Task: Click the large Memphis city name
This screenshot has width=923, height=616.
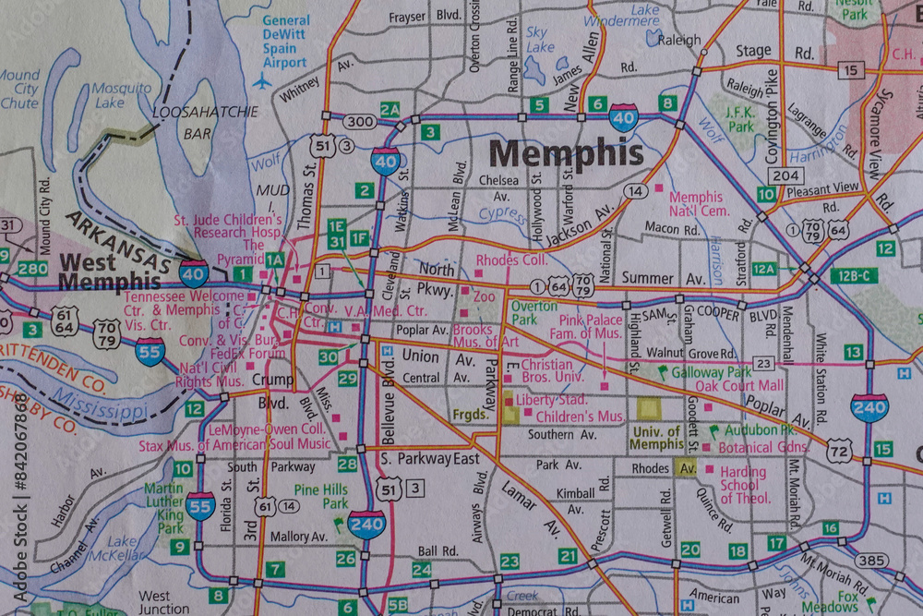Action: tap(566, 152)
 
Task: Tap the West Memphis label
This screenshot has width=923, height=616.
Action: tap(109, 272)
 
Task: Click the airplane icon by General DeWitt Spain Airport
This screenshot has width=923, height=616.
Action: tap(263, 81)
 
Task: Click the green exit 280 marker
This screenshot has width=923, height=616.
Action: tap(32, 269)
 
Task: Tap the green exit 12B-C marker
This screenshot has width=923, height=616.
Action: tap(852, 275)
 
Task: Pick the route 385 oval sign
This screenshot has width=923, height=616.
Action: tap(871, 561)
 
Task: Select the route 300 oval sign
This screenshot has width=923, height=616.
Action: tap(360, 121)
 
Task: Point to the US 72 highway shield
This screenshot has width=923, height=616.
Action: tap(839, 453)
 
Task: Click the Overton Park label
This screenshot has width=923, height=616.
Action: tap(534, 312)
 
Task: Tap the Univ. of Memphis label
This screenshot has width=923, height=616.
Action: tap(657, 438)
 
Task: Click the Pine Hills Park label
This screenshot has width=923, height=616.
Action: tap(321, 497)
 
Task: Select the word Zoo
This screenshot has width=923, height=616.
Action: tap(484, 297)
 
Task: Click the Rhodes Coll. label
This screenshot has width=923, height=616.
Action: tap(512, 260)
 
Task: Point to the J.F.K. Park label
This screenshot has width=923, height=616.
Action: tap(740, 118)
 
